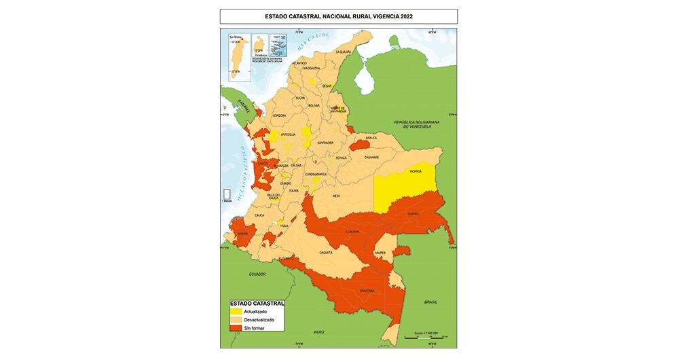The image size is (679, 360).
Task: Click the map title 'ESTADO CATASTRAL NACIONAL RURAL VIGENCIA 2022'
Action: click(x=338, y=16)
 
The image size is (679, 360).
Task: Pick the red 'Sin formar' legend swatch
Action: click(x=236, y=328)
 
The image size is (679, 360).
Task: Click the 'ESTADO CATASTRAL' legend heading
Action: click(x=256, y=304)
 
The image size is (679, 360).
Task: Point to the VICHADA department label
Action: click(x=416, y=171)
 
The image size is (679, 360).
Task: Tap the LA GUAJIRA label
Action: click(x=345, y=52)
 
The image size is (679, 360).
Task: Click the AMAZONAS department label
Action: click(x=367, y=290)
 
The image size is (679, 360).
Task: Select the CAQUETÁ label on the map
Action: click(x=325, y=252)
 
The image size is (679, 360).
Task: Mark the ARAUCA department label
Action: click(x=371, y=138)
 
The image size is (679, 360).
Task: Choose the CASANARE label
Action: click(x=371, y=158)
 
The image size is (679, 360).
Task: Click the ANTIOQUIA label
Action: click(x=289, y=134)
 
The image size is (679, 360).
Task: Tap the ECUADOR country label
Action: click(x=257, y=274)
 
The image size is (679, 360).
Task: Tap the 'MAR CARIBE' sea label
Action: click(x=316, y=36)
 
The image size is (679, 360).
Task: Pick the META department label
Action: click(x=335, y=196)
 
